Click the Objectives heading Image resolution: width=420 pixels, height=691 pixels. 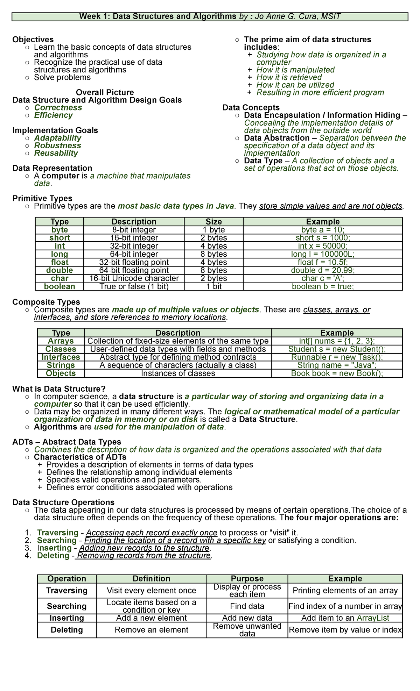[33, 40]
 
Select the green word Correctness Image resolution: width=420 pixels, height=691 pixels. [58, 107]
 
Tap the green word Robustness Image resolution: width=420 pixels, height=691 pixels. [57, 145]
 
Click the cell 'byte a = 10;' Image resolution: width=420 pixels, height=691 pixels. [323, 230]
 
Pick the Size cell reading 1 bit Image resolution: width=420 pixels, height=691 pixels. [213, 286]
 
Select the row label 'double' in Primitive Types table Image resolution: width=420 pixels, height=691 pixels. [59, 270]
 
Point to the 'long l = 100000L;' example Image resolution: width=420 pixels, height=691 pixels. [323, 254]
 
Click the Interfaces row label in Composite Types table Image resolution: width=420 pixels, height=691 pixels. [61, 357]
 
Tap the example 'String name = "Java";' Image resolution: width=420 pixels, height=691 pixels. [337, 365]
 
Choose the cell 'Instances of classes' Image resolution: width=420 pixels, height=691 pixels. [178, 373]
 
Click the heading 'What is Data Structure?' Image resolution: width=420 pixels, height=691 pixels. [59, 389]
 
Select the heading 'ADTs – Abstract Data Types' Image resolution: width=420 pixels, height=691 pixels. [66, 442]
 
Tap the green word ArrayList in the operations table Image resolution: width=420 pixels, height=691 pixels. [373, 618]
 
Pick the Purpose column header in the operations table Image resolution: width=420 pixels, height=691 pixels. [247, 579]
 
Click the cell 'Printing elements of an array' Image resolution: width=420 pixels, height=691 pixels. [345, 591]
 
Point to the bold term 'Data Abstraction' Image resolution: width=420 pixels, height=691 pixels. [276, 138]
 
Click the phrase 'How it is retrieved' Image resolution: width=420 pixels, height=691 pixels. [289, 77]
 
